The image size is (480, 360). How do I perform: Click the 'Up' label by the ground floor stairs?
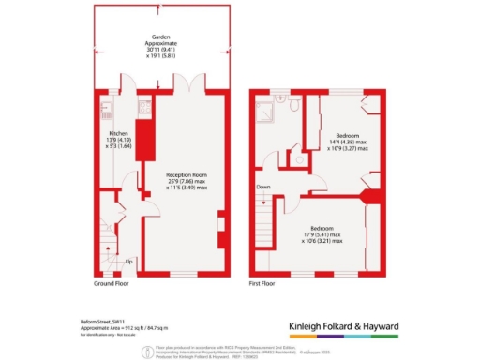[x=127, y=261]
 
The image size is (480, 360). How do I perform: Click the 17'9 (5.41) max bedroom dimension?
[x=322, y=232]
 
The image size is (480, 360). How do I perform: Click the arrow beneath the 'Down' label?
[x=263, y=197]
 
